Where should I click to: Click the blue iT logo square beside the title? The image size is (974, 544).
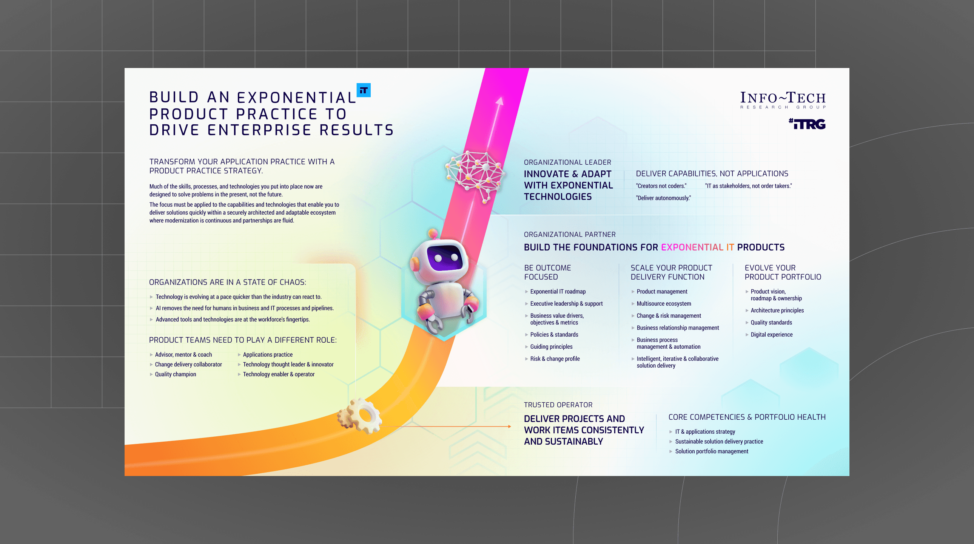click(363, 90)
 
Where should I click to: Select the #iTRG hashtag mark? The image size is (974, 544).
click(807, 124)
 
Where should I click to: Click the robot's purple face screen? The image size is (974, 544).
click(445, 257)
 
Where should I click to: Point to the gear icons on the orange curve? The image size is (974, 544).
click(360, 416)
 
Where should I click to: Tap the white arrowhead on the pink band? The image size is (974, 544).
click(499, 101)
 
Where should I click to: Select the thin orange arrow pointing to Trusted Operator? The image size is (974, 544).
click(446, 427)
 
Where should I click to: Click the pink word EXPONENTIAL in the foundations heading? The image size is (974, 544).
click(692, 247)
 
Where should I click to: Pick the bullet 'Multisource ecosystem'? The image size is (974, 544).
click(664, 303)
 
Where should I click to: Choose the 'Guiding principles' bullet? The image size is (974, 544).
click(551, 346)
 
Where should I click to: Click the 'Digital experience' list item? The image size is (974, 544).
click(771, 334)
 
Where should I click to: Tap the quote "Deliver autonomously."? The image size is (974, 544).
click(663, 198)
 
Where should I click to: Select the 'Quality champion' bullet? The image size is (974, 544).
click(176, 374)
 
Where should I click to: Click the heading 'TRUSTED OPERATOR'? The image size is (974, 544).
click(558, 405)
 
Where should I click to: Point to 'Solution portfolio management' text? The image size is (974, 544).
click(712, 451)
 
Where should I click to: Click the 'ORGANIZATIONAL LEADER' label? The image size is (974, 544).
click(567, 162)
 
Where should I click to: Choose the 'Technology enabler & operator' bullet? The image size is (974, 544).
click(279, 374)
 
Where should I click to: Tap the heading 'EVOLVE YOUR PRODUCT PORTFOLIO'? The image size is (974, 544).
click(783, 272)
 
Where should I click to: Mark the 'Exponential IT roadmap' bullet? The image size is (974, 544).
click(558, 291)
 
